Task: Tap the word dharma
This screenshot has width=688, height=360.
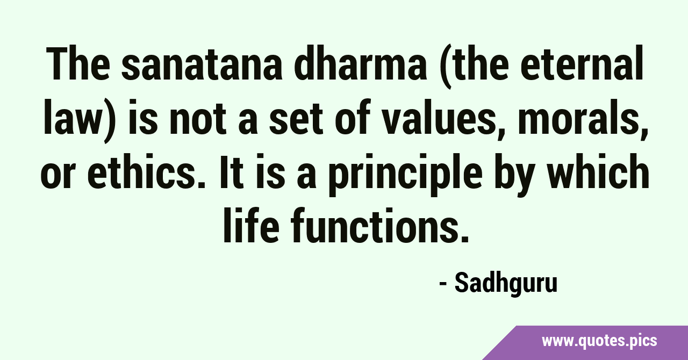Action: [x=361, y=63]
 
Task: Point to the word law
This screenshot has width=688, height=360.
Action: [x=76, y=117]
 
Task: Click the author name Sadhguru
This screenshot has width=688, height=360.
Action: [x=506, y=284]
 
